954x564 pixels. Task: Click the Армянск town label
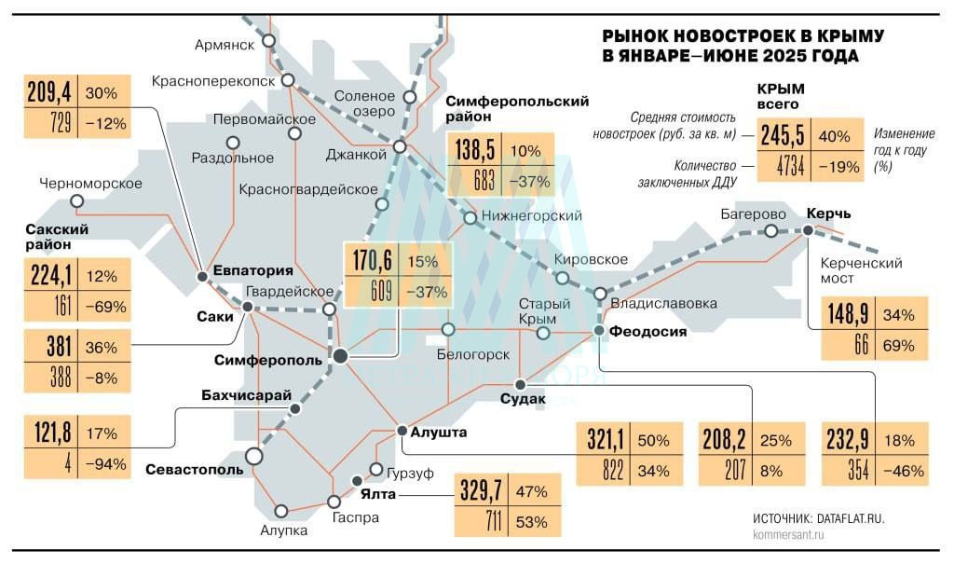(224, 44)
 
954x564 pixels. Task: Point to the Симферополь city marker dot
(341, 355)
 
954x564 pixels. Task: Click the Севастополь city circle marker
(252, 455)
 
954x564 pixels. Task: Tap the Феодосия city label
(648, 332)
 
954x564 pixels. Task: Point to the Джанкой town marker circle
(400, 147)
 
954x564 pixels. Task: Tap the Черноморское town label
(91, 184)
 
